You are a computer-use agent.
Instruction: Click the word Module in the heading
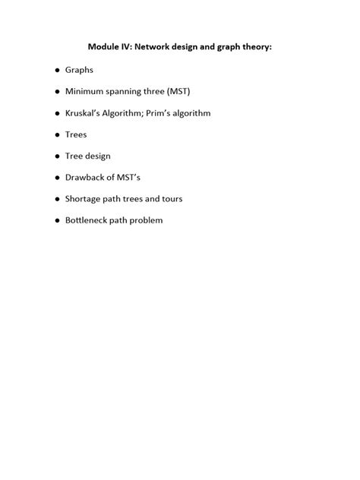[x=104, y=47]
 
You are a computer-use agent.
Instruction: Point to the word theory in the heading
[x=254, y=47]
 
